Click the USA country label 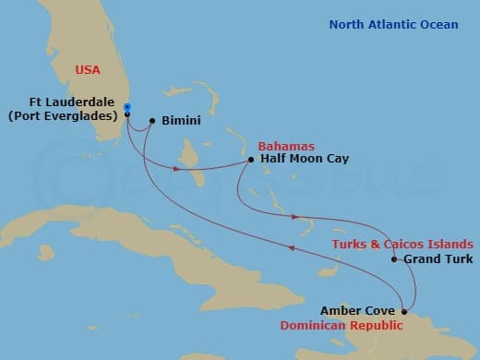pos(90,67)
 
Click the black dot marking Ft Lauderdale pos(127,114)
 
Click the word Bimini pos(180,120)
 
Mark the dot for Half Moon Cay pos(251,161)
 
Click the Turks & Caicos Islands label pos(402,243)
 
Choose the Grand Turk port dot pos(394,259)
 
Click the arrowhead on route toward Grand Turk pos(295,218)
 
